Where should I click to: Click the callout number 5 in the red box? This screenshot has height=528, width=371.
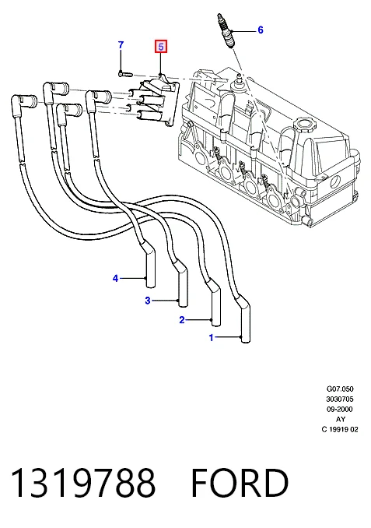coord(161,47)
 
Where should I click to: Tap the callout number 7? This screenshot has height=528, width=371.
coord(121,45)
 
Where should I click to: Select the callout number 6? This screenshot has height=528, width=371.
coord(261,30)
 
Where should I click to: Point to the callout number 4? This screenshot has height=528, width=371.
coord(115,279)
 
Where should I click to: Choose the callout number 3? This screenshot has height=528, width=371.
coord(147,301)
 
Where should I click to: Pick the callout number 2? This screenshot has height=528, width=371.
coord(182,320)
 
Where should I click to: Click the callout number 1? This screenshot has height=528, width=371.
coord(212,337)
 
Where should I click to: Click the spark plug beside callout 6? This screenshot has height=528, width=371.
coord(226,30)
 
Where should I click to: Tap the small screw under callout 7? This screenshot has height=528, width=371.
coord(125,73)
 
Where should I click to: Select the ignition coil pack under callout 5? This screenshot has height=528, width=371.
coord(155,100)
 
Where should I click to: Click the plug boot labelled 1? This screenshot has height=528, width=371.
coord(244,320)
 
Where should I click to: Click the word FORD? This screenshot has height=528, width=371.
coord(240,483)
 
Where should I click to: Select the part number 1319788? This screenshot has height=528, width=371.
coord(83,483)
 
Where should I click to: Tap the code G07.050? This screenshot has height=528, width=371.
coord(340,389)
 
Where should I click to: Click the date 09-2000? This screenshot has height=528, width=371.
coord(340,409)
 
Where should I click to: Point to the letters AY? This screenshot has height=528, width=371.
coord(341,419)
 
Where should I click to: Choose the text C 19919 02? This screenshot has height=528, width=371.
coord(340,429)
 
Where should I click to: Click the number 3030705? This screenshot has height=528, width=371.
coord(340,399)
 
